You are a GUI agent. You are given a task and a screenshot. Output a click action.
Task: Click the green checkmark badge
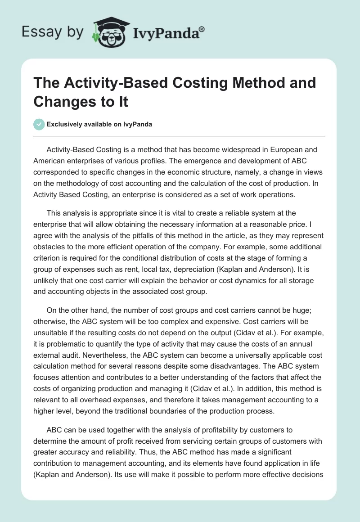coord(39,125)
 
